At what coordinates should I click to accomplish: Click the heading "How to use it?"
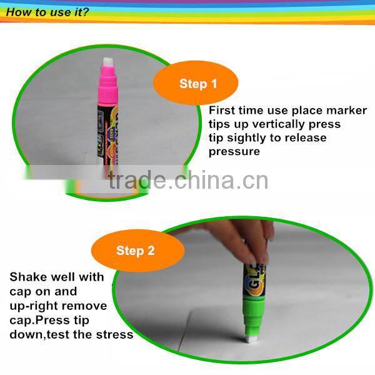tap(47, 12)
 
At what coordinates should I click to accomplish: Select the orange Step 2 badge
tap(135, 251)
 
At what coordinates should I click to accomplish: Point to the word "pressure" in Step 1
tap(234, 152)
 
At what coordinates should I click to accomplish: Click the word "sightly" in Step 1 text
tap(250, 138)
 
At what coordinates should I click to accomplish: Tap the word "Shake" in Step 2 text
tap(26, 277)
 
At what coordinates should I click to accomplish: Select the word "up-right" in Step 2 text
tap(33, 306)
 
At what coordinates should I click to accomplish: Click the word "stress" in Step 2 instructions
tap(115, 334)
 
